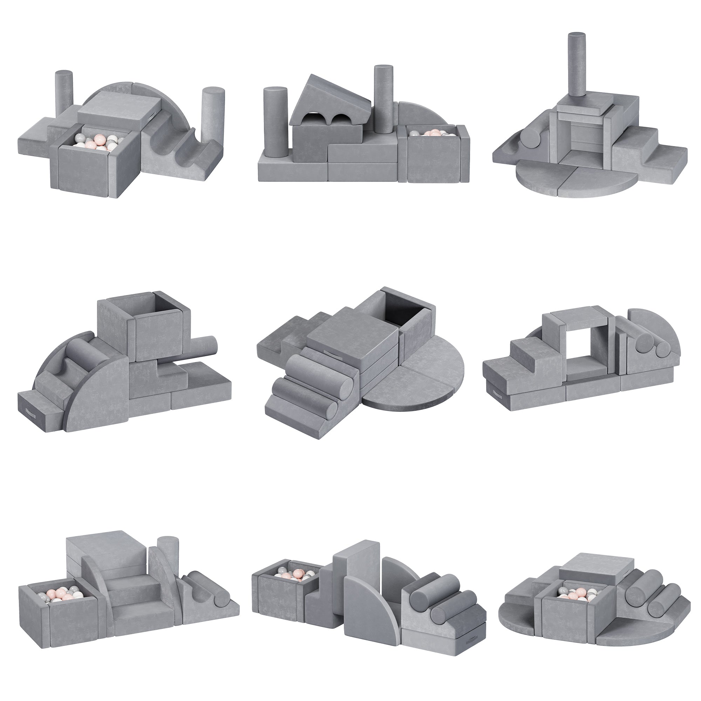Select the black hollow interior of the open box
coord(403,310)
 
